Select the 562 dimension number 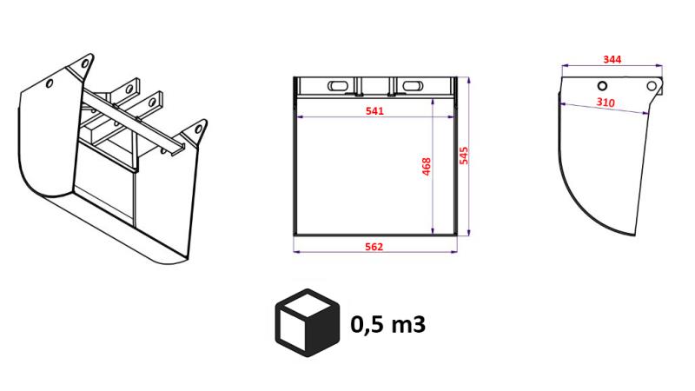coord(375,247)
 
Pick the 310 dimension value coord(606,103)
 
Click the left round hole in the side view coord(601,85)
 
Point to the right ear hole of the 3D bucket coord(199,129)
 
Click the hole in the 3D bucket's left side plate coord(50,84)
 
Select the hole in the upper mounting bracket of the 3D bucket coord(134,87)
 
